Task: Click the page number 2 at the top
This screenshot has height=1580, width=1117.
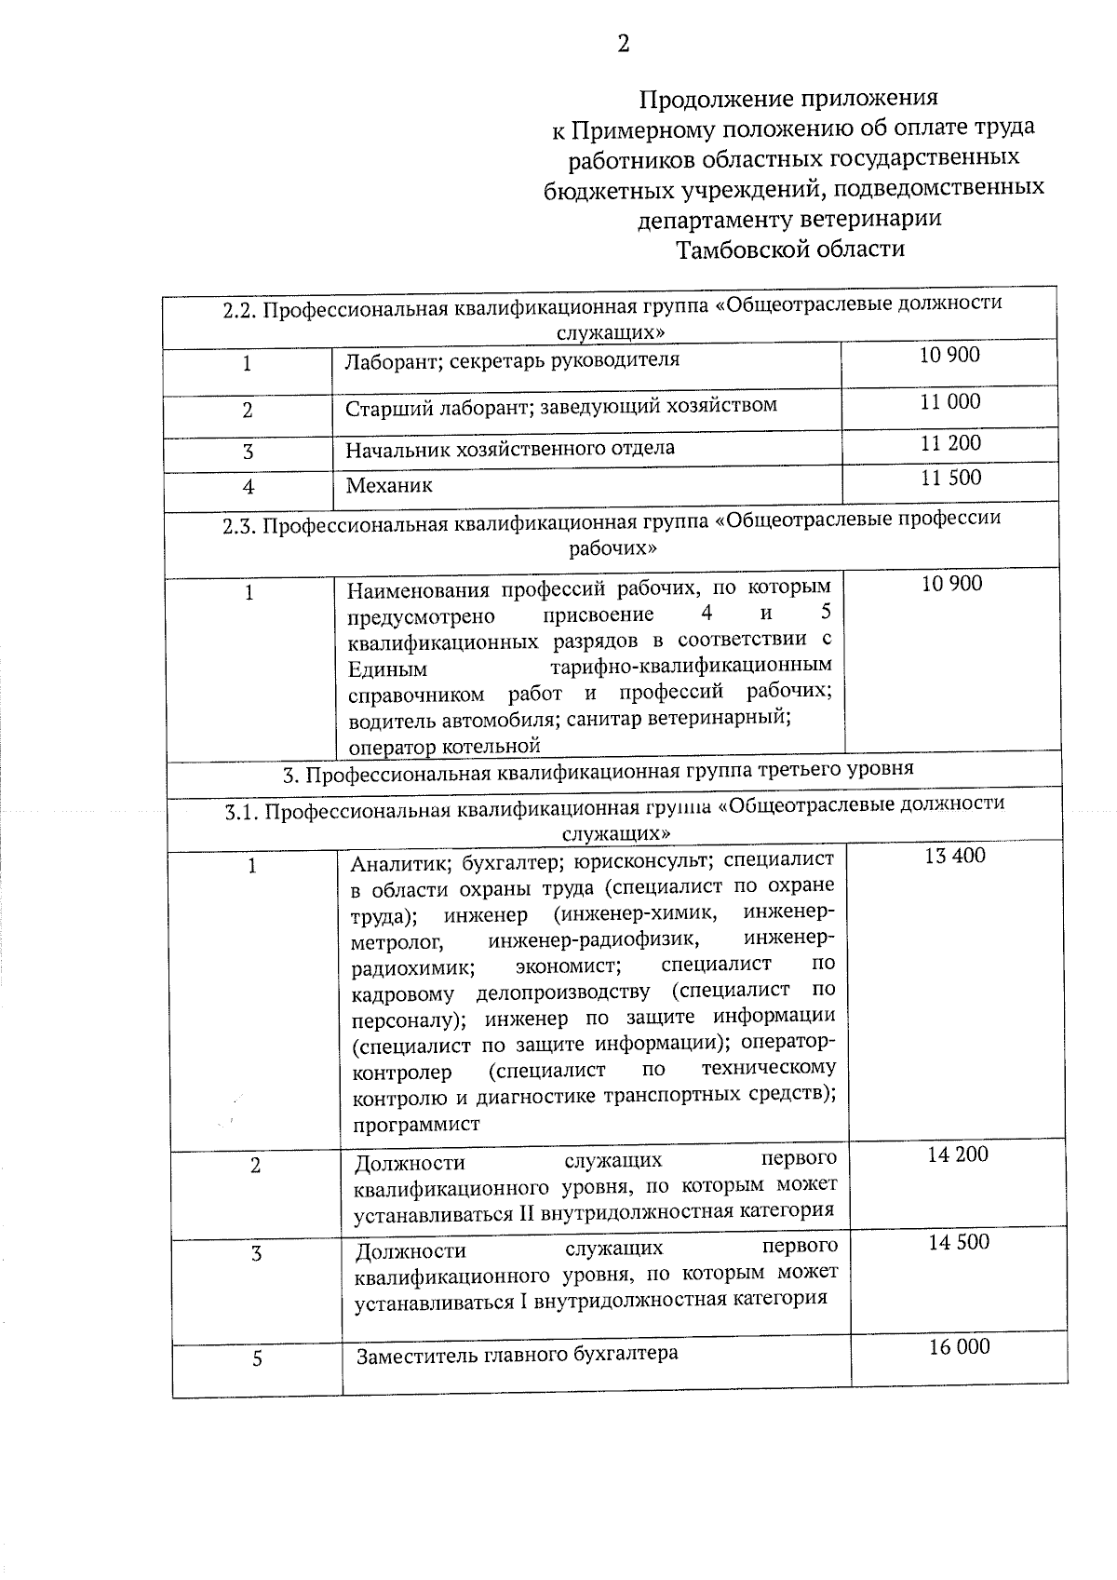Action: tap(623, 44)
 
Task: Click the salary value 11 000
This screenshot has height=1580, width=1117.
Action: tap(950, 401)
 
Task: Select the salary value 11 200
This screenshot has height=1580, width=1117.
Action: tap(950, 443)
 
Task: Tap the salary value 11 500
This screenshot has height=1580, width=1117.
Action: tap(950, 479)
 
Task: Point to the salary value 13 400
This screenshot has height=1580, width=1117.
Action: tap(955, 856)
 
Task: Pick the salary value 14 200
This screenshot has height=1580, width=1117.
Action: tap(958, 1155)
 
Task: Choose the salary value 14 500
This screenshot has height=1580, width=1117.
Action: tap(959, 1242)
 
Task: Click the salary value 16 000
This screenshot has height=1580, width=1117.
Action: tap(960, 1346)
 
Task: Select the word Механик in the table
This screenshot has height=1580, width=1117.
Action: tap(389, 485)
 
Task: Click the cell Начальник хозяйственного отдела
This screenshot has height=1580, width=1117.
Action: tap(510, 449)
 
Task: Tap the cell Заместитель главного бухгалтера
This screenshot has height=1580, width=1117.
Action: tap(518, 1354)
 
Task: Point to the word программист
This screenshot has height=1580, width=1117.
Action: tap(416, 1124)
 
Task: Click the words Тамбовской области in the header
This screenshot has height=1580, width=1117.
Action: tap(790, 250)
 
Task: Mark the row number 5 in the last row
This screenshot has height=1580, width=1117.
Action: tap(257, 1358)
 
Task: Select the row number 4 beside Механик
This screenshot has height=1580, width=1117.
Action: tap(249, 486)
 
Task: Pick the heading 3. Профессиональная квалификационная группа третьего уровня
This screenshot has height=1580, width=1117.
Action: tap(599, 770)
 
